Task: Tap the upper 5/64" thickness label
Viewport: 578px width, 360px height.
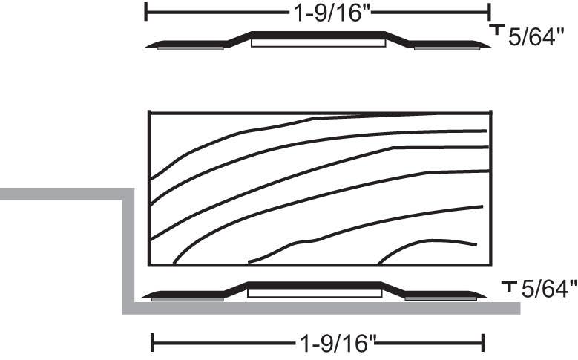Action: click(x=532, y=38)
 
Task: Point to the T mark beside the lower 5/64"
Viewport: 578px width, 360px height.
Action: click(x=509, y=285)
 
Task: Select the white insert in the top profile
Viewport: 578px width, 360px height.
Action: click(x=318, y=43)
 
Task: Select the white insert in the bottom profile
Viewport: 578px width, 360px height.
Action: click(x=314, y=293)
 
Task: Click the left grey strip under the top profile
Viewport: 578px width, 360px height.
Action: click(x=190, y=48)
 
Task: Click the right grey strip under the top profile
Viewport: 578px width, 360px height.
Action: click(x=447, y=48)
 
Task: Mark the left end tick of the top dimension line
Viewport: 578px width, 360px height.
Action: click(x=146, y=11)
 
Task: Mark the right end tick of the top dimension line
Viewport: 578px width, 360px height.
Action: click(x=490, y=11)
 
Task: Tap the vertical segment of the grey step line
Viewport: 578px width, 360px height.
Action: click(x=128, y=252)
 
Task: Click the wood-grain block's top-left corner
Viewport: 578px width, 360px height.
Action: click(x=150, y=112)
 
